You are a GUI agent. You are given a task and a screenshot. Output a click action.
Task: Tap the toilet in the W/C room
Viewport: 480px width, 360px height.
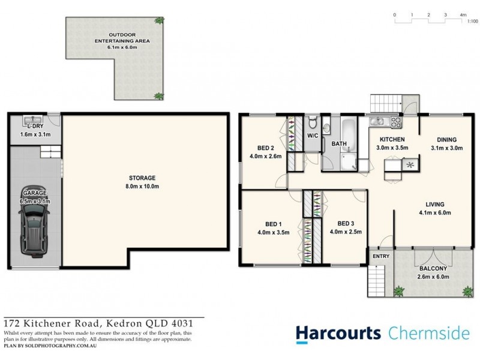tap(312, 124)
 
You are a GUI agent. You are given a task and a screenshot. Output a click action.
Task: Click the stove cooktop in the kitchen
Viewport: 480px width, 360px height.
tap(396, 122)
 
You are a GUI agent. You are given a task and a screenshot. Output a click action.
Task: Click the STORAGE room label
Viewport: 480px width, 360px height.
tap(142, 178)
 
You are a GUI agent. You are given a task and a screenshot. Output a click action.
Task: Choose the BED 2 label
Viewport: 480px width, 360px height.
tap(266, 149)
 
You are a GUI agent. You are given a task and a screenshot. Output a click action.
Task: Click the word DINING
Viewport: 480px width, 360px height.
tap(446, 139)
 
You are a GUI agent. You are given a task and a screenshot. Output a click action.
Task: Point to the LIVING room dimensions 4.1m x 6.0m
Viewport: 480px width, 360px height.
tap(435, 212)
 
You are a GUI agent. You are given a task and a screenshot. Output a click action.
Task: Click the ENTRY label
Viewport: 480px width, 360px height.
tap(380, 257)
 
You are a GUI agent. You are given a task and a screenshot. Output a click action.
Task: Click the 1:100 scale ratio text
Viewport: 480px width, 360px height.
tap(472, 20)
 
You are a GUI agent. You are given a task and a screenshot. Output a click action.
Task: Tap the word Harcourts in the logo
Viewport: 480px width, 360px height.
tap(337, 333)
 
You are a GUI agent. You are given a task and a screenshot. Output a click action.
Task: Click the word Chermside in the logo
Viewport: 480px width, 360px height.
tap(429, 333)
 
